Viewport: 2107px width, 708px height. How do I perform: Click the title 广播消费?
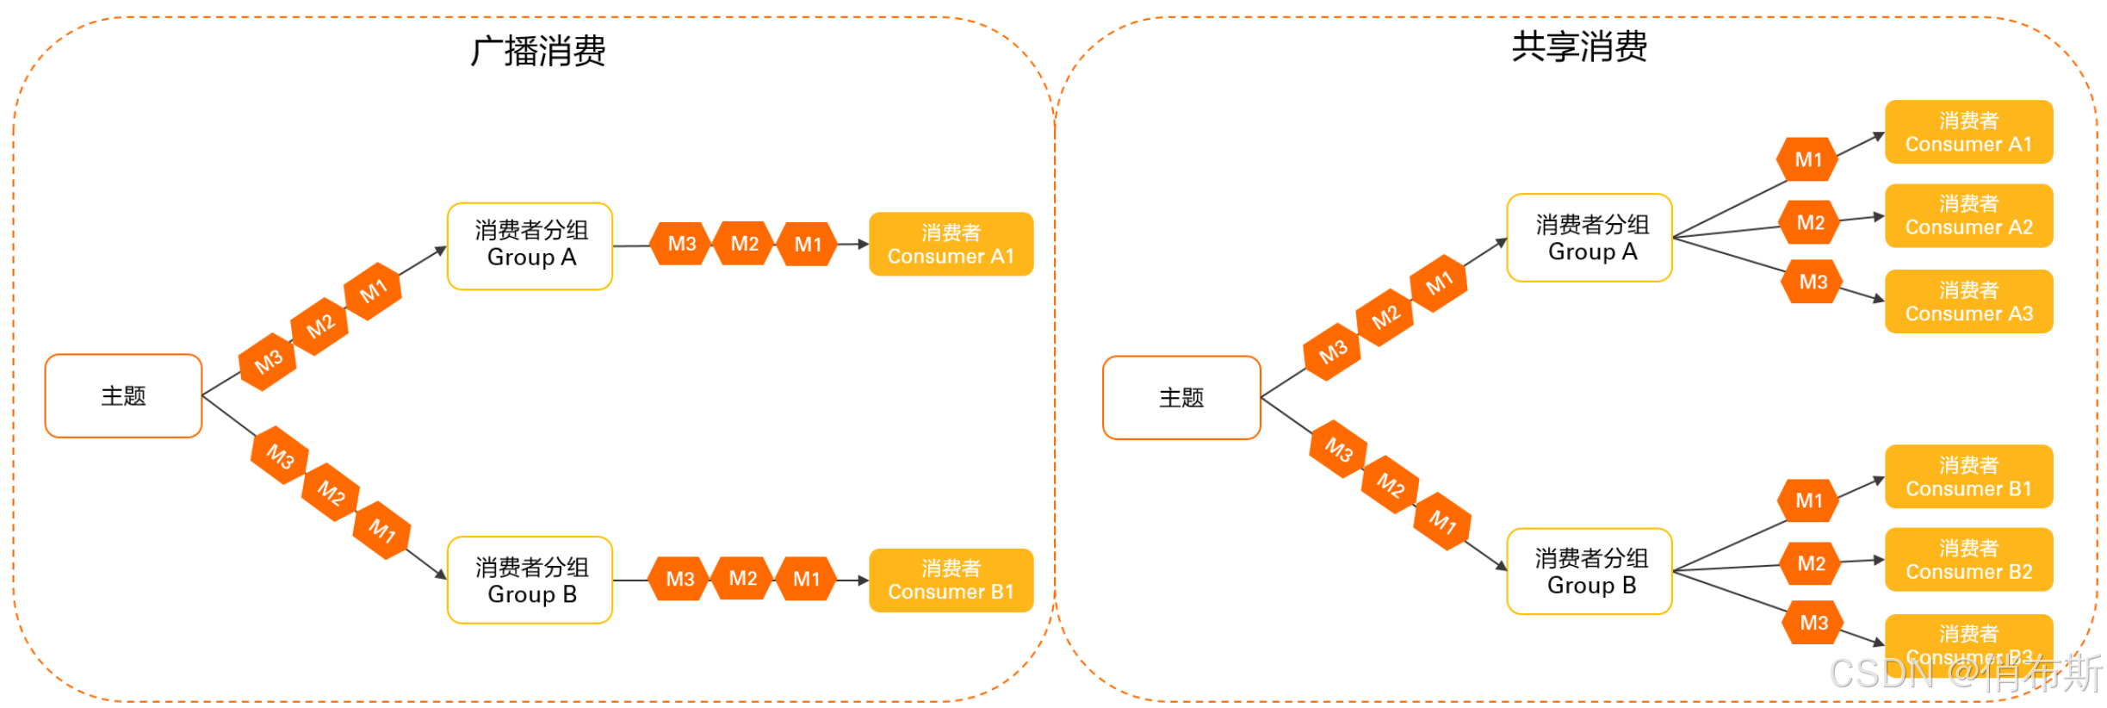pyautogui.click(x=537, y=51)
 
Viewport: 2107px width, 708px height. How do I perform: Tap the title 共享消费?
pyautogui.click(x=1579, y=47)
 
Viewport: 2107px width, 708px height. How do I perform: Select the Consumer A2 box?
pyautogui.click(x=1968, y=215)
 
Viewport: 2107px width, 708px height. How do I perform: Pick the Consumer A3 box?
pyautogui.click(x=1968, y=301)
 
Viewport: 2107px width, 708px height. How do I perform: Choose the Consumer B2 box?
pyautogui.click(x=1968, y=560)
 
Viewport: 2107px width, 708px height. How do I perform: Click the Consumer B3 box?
pyautogui.click(x=1968, y=637)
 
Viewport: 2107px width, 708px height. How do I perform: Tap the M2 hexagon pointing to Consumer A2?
pyautogui.click(x=1810, y=223)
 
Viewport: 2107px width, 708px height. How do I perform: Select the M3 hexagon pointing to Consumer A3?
pyautogui.click(x=1813, y=282)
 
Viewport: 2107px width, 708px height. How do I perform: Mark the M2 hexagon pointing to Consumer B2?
pyautogui.click(x=1811, y=564)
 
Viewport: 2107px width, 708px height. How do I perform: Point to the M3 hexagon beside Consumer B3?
pyautogui.click(x=1813, y=623)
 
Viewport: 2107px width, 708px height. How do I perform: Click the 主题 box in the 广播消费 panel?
pyautogui.click(x=123, y=396)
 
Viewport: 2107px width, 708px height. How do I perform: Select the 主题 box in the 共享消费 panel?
pyautogui.click(x=1181, y=398)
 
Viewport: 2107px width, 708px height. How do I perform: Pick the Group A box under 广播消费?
pyautogui.click(x=530, y=246)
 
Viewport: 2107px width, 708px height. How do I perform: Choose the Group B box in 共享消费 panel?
pyautogui.click(x=1590, y=571)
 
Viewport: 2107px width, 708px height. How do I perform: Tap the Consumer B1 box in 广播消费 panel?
pyautogui.click(x=951, y=581)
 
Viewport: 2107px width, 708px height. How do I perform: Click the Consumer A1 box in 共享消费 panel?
pyautogui.click(x=1968, y=132)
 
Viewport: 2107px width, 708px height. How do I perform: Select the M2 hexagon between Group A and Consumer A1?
pyautogui.click(x=744, y=244)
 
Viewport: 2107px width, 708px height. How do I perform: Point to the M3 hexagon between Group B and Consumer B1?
pyautogui.click(x=679, y=579)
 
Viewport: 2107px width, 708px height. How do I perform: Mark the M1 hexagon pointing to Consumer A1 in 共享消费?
pyautogui.click(x=1808, y=159)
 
